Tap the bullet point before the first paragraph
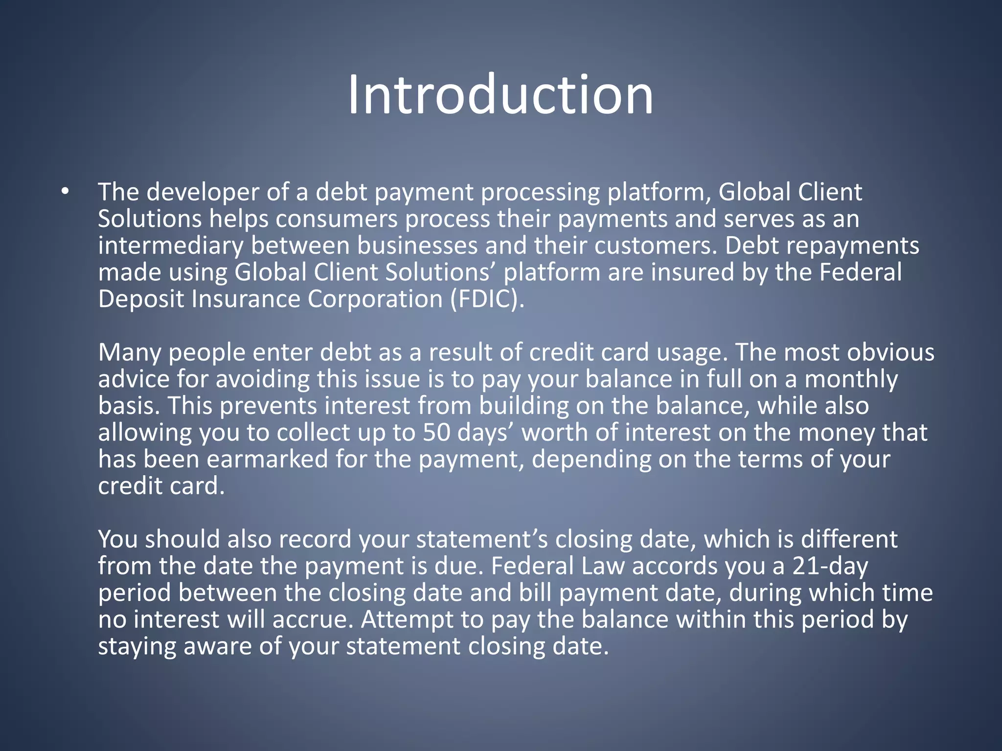coord(66,192)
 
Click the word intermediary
coord(170,245)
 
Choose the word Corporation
coord(375,299)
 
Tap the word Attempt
coord(407,619)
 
